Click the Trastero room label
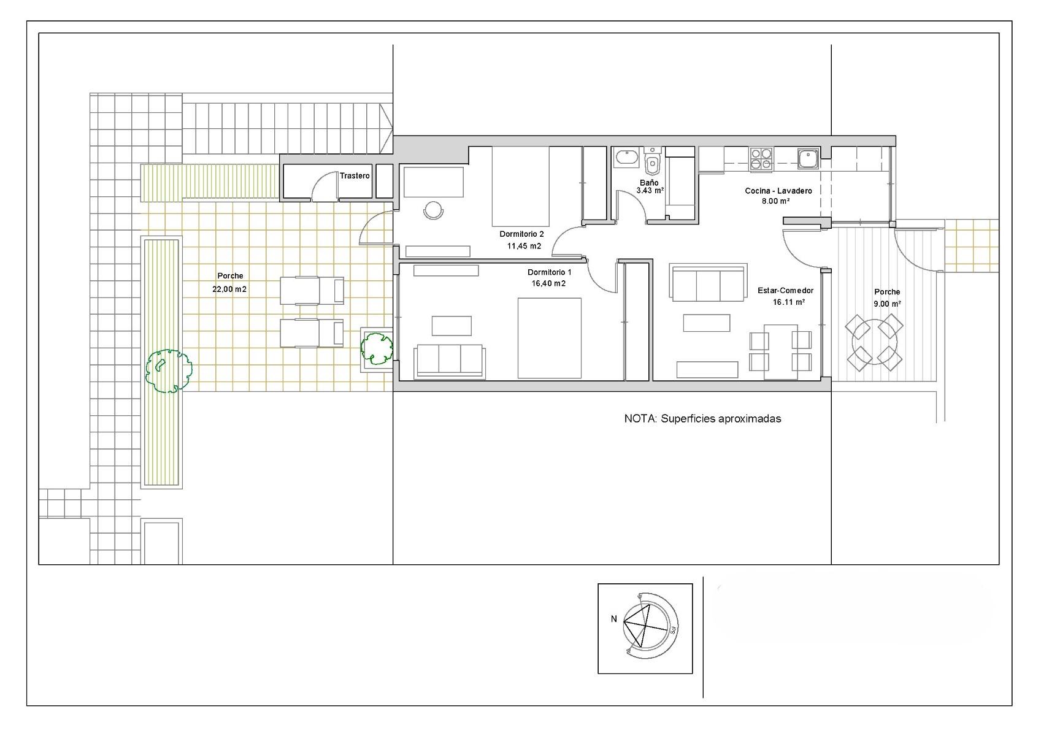[x=355, y=175]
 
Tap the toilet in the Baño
[x=652, y=160]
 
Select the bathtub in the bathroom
[x=627, y=158]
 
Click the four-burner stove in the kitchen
[x=761, y=158]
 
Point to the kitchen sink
[x=809, y=158]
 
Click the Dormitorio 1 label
[x=549, y=272]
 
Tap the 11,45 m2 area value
[x=524, y=247]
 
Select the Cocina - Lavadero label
[x=778, y=191]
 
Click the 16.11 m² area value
[x=789, y=302]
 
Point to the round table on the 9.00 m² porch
[x=874, y=342]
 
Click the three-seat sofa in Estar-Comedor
[x=708, y=283]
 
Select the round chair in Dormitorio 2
[x=433, y=210]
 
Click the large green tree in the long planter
[x=169, y=371]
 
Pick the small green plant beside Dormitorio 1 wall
[x=377, y=349]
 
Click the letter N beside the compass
[x=614, y=619]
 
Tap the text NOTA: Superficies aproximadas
[x=702, y=419]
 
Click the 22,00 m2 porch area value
[x=229, y=289]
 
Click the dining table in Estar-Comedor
[x=781, y=351]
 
